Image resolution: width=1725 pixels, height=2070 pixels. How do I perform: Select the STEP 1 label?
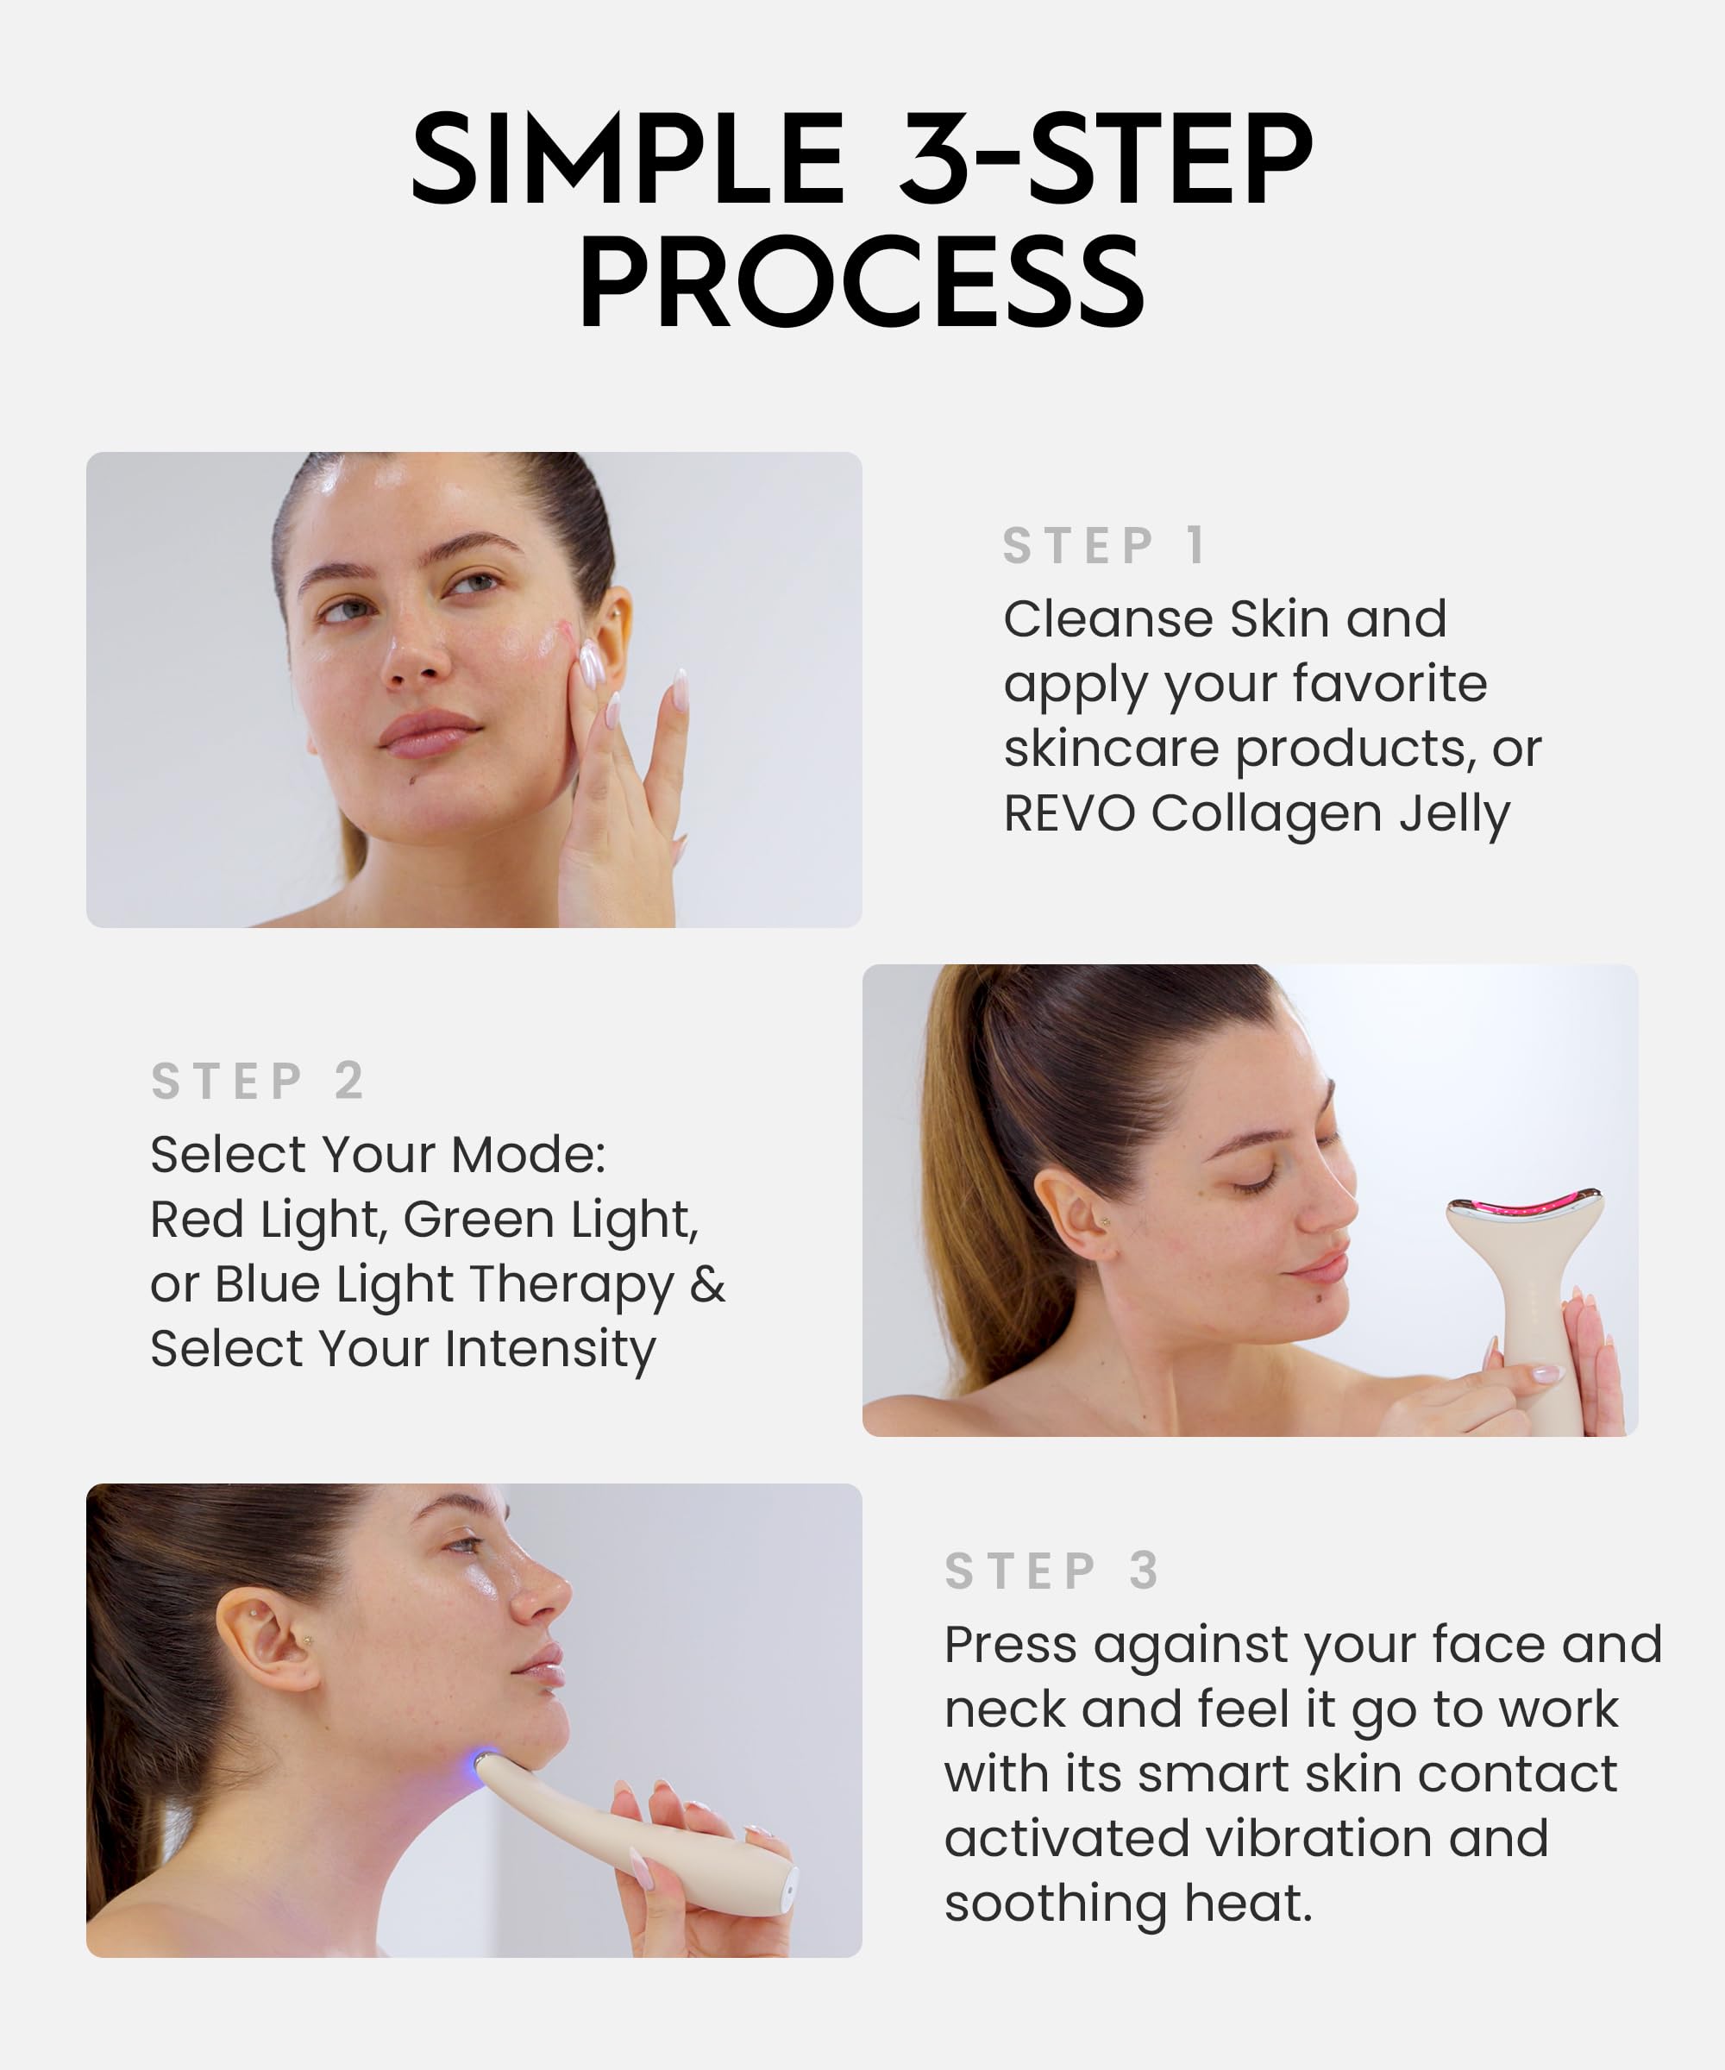pos(1104,546)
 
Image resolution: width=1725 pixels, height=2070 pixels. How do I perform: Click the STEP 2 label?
pos(258,1082)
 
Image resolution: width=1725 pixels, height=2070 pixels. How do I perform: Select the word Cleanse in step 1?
pos(1109,620)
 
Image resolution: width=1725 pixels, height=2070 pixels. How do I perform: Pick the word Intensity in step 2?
pos(549,1350)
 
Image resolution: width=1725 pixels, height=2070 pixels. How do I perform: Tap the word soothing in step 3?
pos(1055,1904)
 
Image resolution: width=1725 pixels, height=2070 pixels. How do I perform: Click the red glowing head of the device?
pos(1523,1207)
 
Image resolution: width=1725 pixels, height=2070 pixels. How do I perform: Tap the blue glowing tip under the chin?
pos(486,1759)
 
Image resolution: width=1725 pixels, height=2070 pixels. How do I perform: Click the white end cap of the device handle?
pos(787,1890)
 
